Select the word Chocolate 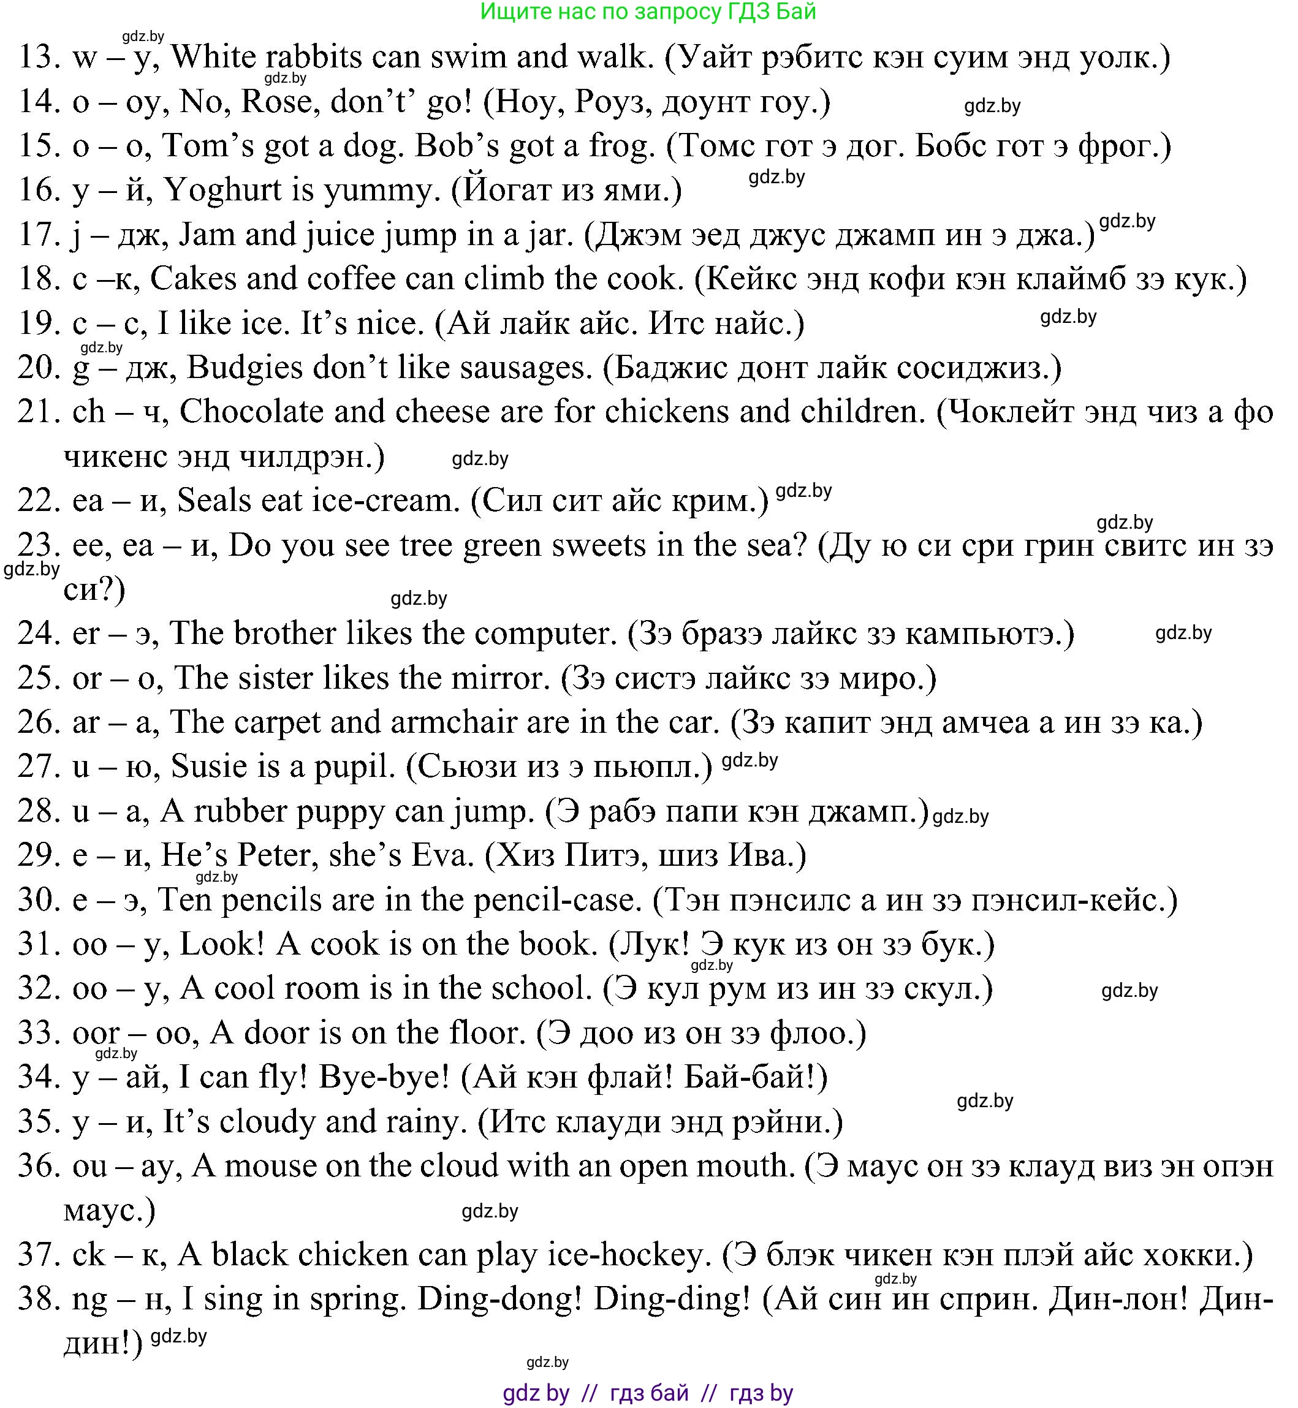[251, 412]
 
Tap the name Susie [207, 766]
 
